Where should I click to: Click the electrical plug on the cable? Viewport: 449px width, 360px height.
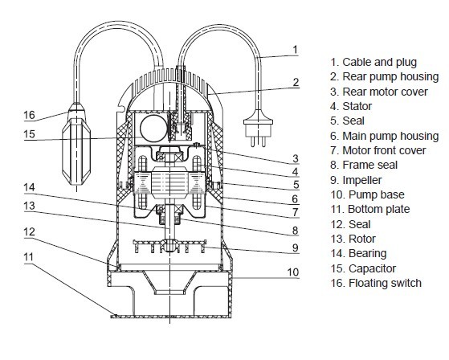(259, 128)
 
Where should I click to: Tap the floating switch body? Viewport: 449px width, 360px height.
(76, 146)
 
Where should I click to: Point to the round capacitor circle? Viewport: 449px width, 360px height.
(153, 129)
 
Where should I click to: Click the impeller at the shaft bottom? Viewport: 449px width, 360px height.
(169, 247)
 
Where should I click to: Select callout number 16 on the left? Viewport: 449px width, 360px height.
(29, 115)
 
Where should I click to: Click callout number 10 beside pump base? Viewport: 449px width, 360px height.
(293, 272)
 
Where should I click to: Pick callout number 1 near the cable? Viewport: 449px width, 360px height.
(296, 50)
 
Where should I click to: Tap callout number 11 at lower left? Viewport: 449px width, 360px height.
(29, 257)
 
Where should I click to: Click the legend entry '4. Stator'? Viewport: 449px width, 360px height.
(351, 106)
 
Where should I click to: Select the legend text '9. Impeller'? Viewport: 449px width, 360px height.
(356, 180)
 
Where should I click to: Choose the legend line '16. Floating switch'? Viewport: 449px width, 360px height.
(376, 283)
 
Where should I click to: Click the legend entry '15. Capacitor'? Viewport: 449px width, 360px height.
(363, 268)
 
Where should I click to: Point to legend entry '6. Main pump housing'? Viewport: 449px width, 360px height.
(384, 136)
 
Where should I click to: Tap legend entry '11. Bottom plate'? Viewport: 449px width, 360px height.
(370, 210)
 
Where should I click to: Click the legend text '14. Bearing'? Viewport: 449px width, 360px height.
(358, 253)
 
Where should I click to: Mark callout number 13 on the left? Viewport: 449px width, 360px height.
(29, 206)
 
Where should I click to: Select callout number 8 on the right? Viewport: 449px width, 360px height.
(296, 231)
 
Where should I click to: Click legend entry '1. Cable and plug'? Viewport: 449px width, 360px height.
(373, 63)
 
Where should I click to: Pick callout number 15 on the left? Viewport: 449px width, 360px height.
(29, 134)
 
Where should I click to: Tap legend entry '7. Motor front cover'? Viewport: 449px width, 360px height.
(378, 150)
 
